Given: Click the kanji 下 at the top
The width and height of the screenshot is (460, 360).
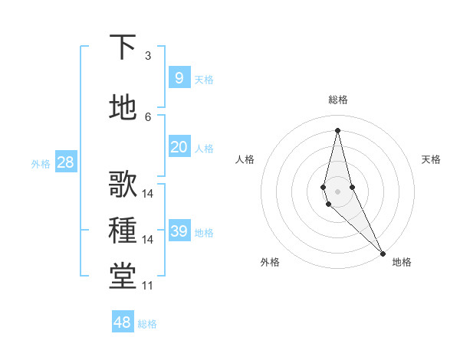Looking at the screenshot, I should (123, 47).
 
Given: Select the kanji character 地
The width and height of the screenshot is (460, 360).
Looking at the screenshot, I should (123, 107).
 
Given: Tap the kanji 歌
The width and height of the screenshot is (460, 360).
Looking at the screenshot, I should (123, 185).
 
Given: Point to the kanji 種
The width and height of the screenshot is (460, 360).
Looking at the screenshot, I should (123, 231).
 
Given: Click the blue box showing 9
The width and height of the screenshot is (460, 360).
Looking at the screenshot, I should (179, 77).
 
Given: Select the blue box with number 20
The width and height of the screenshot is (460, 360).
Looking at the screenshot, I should (179, 147).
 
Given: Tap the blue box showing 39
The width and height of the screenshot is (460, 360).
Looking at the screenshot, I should (179, 231).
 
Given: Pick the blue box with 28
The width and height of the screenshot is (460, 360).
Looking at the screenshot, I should (65, 162).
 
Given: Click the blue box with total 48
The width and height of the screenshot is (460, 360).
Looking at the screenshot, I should (123, 322).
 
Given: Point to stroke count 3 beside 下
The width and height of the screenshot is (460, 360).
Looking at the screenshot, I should (148, 56).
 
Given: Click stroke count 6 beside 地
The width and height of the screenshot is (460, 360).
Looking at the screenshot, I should (148, 116).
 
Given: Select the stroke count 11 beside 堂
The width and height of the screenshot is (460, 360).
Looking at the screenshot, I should (148, 286).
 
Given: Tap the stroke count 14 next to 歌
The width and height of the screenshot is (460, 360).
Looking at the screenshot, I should (148, 194).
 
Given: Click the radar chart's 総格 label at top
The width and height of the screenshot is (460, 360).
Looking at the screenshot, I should (338, 100).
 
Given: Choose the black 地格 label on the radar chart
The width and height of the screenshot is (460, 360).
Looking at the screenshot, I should (402, 262).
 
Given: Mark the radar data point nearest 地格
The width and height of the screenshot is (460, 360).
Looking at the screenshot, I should (383, 253).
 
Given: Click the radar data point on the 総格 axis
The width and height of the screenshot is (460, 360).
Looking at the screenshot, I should (337, 130).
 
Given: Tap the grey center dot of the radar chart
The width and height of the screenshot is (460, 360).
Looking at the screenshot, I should (337, 191).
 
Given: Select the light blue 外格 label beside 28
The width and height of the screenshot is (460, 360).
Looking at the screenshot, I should (40, 163).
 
